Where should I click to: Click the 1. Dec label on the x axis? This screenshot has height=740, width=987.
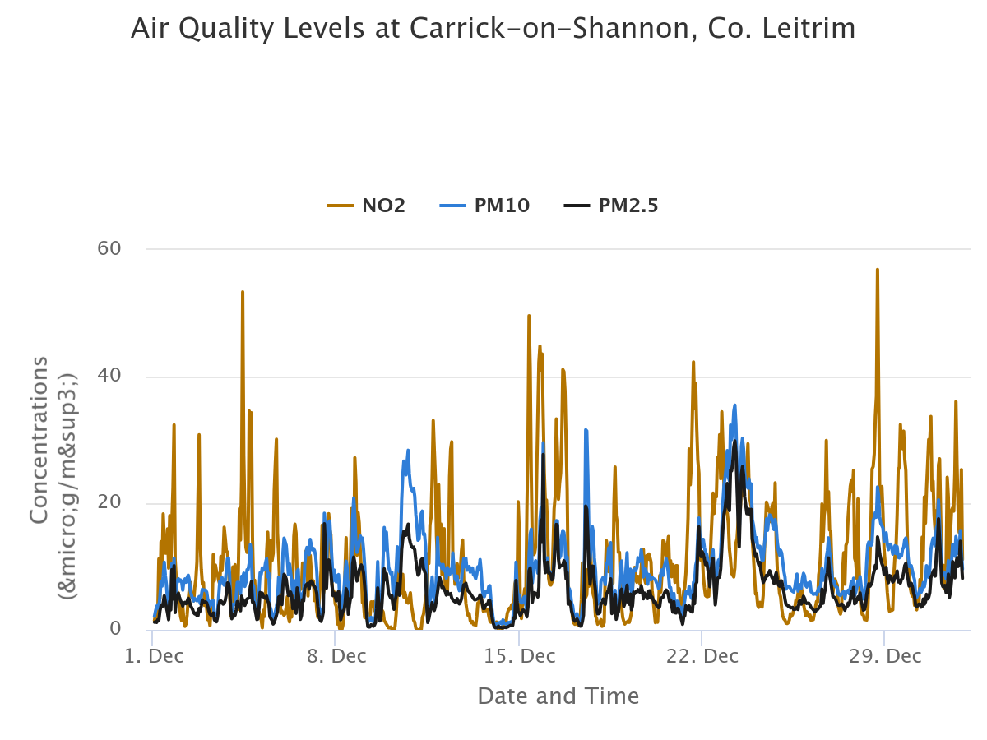[x=153, y=656]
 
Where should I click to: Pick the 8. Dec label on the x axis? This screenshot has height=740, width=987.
[x=336, y=656]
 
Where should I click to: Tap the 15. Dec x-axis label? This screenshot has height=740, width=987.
[x=518, y=656]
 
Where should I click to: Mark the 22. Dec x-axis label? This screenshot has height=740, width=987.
[x=702, y=656]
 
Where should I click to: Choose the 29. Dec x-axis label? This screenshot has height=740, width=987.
[x=884, y=656]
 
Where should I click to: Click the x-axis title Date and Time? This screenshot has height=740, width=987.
[x=558, y=696]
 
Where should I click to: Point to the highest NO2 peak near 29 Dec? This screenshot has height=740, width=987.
[x=878, y=270]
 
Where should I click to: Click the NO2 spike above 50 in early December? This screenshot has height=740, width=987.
[x=243, y=292]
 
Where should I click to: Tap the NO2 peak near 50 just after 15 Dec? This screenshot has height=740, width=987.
[x=529, y=316]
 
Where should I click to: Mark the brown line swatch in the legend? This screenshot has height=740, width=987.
[x=341, y=206]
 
